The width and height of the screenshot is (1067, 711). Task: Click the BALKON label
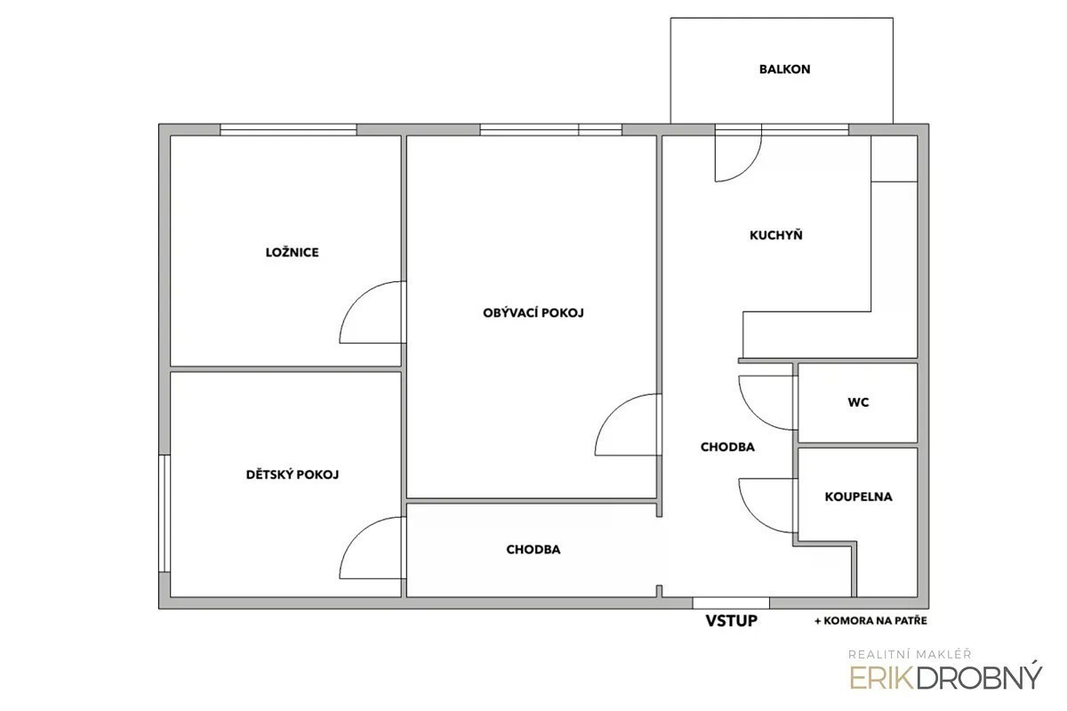click(x=784, y=69)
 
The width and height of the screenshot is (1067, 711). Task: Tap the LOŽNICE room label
click(x=292, y=252)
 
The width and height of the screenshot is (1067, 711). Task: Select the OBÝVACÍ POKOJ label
click(x=533, y=312)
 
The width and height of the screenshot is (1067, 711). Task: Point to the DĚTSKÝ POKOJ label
click(x=292, y=474)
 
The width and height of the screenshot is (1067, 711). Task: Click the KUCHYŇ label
click(x=776, y=235)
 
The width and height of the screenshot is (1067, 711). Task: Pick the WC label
click(x=858, y=402)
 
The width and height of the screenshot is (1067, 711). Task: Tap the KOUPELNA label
click(x=858, y=497)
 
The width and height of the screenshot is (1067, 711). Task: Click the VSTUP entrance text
click(x=731, y=620)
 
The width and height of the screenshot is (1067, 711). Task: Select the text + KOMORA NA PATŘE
click(x=870, y=620)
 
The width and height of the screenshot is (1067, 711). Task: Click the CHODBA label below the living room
click(x=533, y=549)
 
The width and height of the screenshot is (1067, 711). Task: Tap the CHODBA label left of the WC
click(x=727, y=447)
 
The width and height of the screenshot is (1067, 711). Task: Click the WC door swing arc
click(x=755, y=414)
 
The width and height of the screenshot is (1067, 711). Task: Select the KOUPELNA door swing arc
click(x=755, y=516)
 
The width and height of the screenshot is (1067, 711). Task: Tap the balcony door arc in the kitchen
click(x=749, y=168)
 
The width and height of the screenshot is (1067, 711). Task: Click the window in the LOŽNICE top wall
click(x=288, y=130)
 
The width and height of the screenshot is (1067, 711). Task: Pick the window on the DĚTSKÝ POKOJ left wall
click(x=164, y=513)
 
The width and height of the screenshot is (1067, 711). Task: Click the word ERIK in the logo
click(x=882, y=678)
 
